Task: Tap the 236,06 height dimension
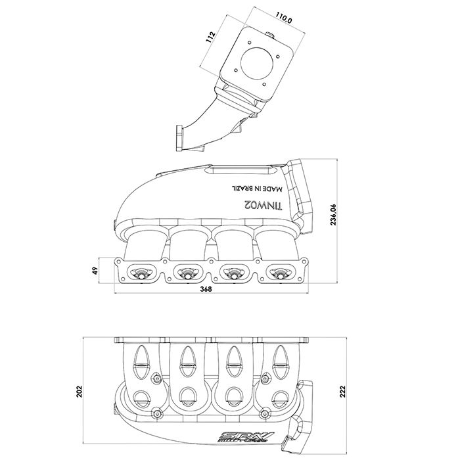334,214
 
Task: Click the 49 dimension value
95,270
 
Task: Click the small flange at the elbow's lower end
179,139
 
